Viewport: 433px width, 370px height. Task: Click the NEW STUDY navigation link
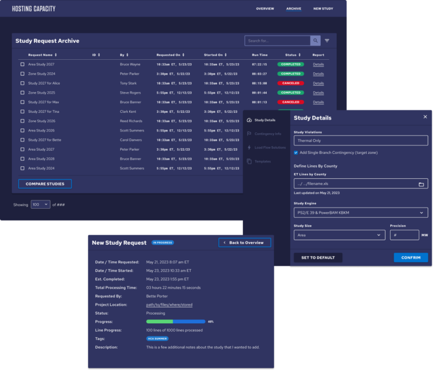pos(323,9)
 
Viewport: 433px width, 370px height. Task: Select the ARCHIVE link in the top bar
pos(293,9)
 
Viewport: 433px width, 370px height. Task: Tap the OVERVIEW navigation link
pos(265,9)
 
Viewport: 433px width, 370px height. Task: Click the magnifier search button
pos(315,41)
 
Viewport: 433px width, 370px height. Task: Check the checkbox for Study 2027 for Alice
pos(23,83)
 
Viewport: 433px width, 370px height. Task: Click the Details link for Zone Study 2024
pos(319,74)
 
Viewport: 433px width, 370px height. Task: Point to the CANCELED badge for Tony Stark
pos(290,83)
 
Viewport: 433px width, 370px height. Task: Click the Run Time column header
pos(260,55)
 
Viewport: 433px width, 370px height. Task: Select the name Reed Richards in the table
pos(131,121)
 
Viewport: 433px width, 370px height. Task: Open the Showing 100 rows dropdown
pos(40,204)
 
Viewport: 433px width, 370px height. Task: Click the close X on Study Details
pos(425,117)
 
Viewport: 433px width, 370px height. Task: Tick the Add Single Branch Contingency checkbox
pos(296,152)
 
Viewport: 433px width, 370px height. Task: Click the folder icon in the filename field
pos(421,184)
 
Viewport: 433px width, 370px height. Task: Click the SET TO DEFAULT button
pos(317,257)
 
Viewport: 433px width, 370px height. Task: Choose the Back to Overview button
pos(245,243)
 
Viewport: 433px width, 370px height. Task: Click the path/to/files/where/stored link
pos(169,305)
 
